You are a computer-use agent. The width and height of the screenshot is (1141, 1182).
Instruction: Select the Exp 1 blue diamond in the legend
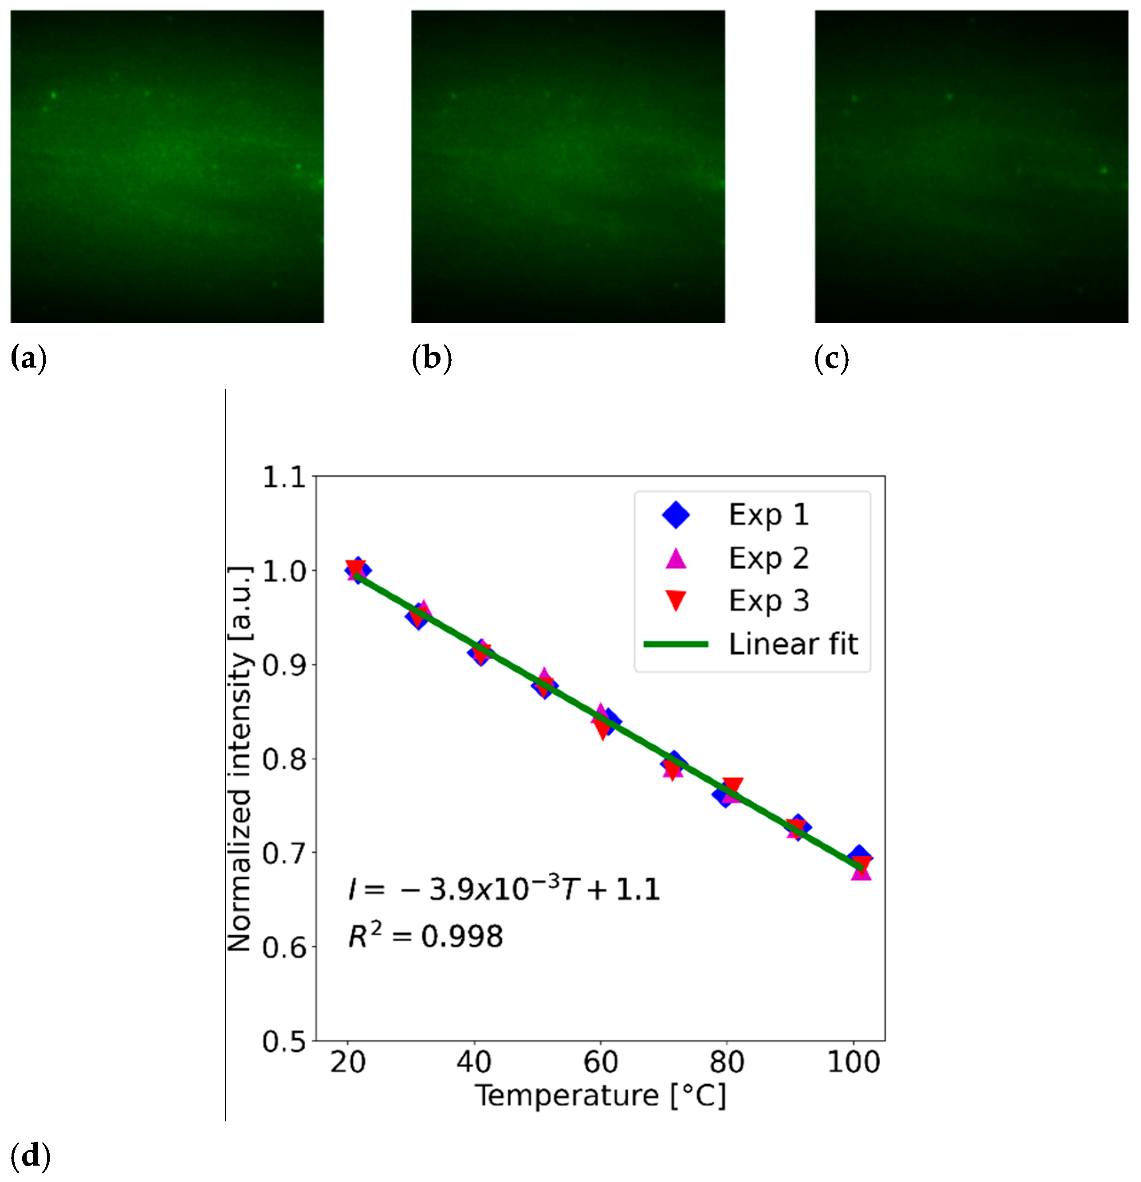point(676,514)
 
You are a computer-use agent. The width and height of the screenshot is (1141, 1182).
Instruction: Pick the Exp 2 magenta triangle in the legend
point(676,558)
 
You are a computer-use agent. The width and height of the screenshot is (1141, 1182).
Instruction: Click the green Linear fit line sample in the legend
point(676,644)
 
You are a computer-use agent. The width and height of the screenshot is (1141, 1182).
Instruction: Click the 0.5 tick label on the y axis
point(284,1041)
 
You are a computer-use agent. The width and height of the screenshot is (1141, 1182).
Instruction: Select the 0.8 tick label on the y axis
point(284,759)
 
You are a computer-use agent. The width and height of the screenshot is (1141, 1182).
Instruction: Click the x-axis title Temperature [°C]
point(600,1096)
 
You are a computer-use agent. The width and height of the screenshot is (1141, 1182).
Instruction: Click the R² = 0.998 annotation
point(425,936)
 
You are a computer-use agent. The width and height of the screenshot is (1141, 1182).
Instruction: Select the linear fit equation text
point(504,889)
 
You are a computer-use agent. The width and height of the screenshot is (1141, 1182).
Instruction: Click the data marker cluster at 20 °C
point(357,570)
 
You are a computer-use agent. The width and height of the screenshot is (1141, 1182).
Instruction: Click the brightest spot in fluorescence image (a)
point(54,95)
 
